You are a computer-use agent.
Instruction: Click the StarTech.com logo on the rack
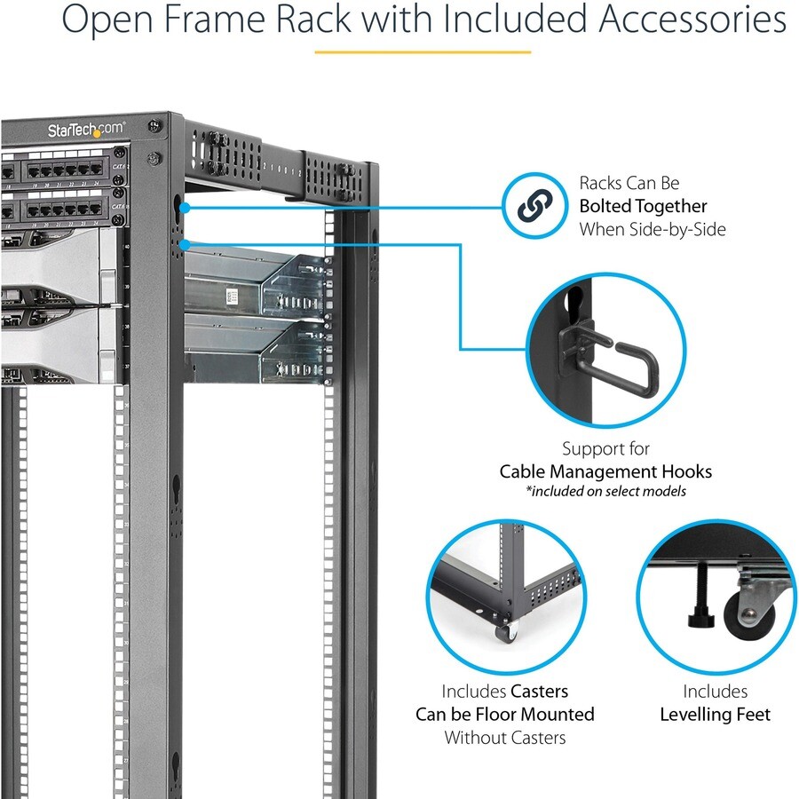(x=86, y=130)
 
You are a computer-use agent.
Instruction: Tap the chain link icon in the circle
(x=534, y=207)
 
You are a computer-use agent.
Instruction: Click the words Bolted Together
(x=643, y=206)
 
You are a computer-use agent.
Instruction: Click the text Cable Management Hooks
(x=605, y=471)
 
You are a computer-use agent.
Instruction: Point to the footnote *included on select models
(x=605, y=491)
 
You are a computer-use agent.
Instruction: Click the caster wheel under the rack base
(x=507, y=632)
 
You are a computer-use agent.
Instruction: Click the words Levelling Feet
(x=715, y=714)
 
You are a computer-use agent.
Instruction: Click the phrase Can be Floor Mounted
(x=504, y=714)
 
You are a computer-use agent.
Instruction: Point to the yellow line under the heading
(x=422, y=51)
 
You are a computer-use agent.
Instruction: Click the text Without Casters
(x=504, y=737)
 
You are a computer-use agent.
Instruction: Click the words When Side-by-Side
(x=652, y=229)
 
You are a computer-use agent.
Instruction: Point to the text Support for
(x=605, y=448)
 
